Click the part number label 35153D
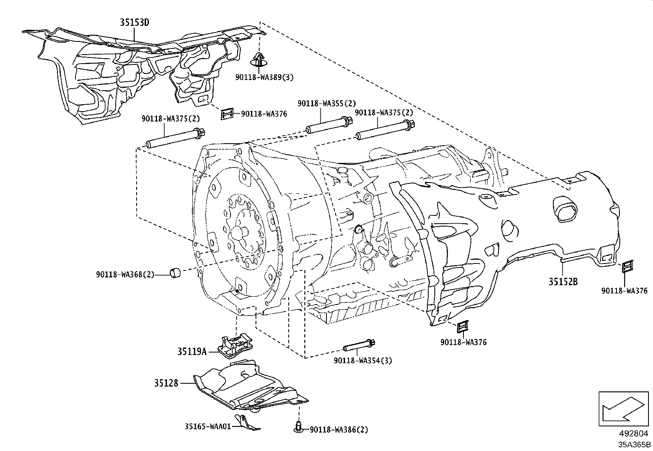click(135, 22)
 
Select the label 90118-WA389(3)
click(265, 77)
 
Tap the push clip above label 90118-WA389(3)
click(258, 60)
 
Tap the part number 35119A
click(192, 351)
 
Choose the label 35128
click(166, 383)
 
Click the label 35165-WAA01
click(208, 426)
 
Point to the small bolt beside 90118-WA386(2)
click(298, 426)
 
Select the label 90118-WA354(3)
click(363, 361)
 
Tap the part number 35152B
click(563, 282)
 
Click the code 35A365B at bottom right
click(635, 444)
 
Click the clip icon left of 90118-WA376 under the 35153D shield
click(227, 114)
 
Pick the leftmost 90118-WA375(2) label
click(171, 118)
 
